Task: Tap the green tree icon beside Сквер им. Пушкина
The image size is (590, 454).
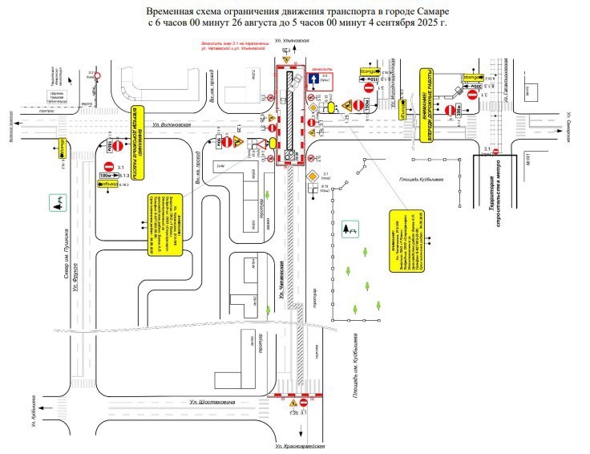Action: click(x=58, y=204)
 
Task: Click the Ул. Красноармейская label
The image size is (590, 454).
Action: click(x=298, y=446)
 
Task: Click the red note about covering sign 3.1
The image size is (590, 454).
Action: click(x=228, y=45)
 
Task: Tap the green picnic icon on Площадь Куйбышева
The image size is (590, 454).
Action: click(x=350, y=230)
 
